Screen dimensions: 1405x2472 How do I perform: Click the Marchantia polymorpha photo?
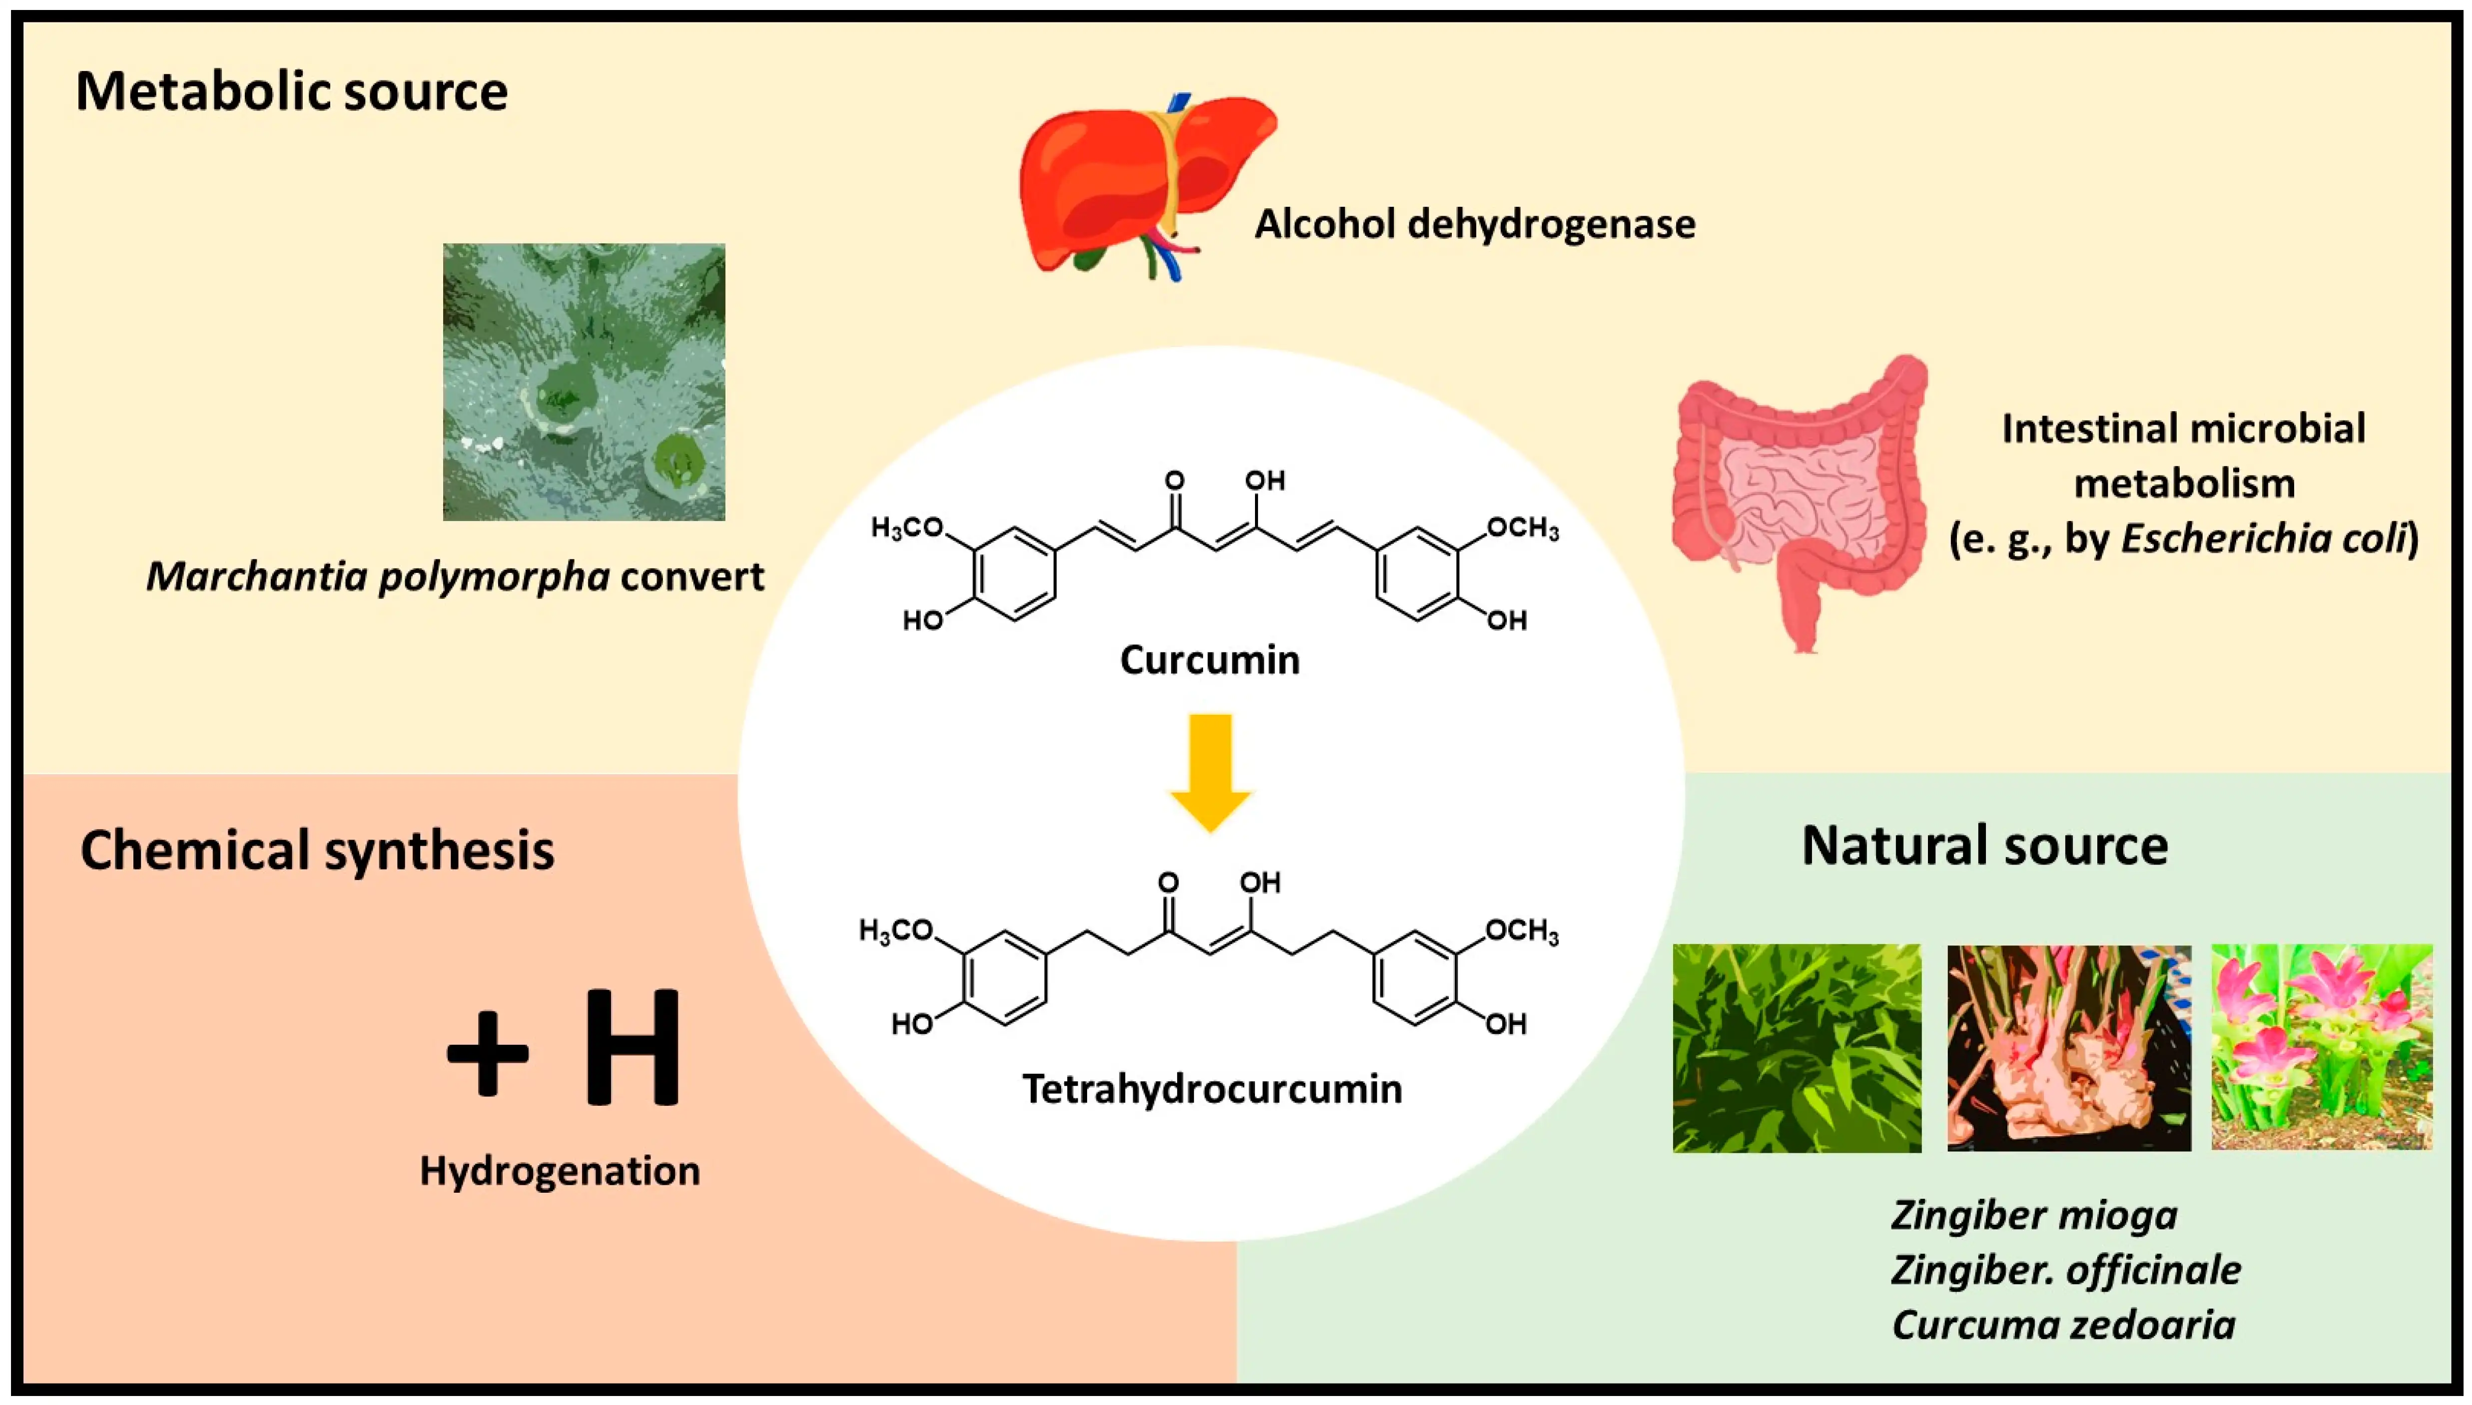[x=584, y=382]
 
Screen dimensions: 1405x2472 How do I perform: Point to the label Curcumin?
[x=1210, y=660]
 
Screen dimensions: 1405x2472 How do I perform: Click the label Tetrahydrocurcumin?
[x=1212, y=1088]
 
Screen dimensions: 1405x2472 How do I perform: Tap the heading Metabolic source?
[x=291, y=92]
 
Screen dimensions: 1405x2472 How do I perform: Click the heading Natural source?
[x=1984, y=846]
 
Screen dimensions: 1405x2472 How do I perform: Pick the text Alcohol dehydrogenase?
[x=1474, y=224]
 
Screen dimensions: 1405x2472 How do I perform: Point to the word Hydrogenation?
[x=560, y=1171]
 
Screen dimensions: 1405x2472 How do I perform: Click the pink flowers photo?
[x=2322, y=1047]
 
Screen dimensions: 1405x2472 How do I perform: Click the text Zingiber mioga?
[x=2034, y=1215]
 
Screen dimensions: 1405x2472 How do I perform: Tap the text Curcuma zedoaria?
[x=2063, y=1325]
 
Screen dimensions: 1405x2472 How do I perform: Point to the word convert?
[x=691, y=577]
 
